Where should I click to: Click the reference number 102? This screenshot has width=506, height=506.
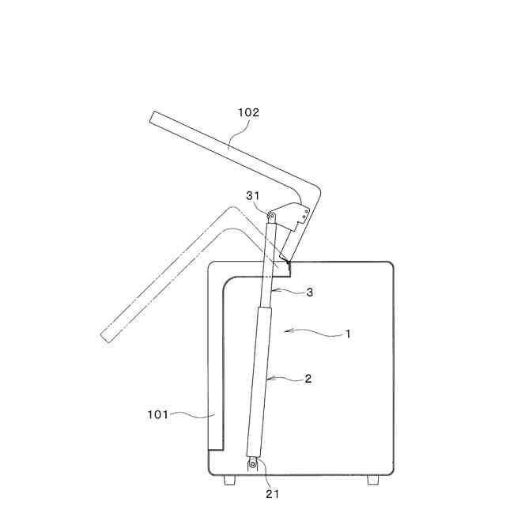[248, 113]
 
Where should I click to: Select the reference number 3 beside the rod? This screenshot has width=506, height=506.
[310, 293]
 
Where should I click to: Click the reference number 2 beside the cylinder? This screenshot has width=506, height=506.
[308, 379]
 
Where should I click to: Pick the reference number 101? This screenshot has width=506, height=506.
[157, 413]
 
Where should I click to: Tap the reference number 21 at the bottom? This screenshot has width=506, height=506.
[272, 494]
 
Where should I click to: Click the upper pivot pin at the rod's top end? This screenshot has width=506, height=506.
[271, 217]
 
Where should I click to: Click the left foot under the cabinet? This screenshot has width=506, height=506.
[229, 480]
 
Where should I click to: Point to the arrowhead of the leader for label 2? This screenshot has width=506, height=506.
[266, 379]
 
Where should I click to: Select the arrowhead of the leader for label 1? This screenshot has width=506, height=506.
[287, 328]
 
